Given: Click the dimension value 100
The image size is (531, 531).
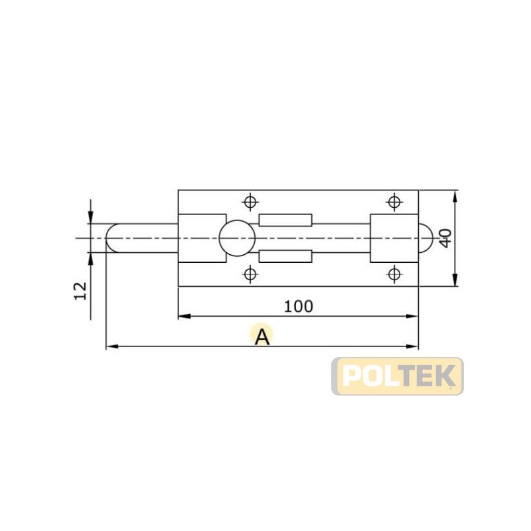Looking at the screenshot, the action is coord(298,307).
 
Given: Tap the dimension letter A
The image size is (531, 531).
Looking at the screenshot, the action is coord(262,337).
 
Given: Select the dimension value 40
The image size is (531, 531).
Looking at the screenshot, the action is coord(445,238).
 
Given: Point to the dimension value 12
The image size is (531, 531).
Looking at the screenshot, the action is coord(80,291).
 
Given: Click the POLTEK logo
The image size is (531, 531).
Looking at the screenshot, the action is coord(397,376).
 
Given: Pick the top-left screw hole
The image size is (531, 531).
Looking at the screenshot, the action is coord(250,202).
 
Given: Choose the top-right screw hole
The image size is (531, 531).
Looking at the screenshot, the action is coord(394,202).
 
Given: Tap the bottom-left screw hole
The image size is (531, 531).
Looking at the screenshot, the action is coord(250,273).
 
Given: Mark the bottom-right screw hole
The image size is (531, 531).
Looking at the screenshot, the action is coord(394,273).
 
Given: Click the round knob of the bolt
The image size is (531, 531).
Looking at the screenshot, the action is coord(237,238).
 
